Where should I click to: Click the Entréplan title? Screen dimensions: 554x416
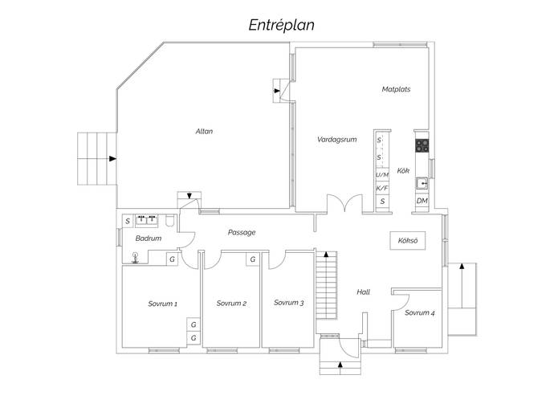coord(281,26)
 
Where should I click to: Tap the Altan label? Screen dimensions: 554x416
coord(204,131)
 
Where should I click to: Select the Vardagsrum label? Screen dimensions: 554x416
coord(336,139)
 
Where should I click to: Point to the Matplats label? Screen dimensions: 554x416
coord(396,89)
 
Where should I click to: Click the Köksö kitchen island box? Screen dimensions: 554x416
coord(408,241)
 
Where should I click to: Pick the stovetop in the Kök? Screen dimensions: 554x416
coord(422,145)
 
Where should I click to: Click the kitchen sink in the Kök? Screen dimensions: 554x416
coord(422,183)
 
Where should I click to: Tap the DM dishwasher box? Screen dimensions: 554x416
coord(422,201)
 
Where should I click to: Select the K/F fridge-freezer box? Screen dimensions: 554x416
coord(382,188)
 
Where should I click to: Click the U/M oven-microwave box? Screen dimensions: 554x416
coord(382,174)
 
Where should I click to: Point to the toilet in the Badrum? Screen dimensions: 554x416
coord(170,221)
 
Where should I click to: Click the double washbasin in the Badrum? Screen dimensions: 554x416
coord(147,220)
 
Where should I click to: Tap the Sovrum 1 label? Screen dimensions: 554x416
coord(162,304)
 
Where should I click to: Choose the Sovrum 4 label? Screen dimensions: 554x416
coord(420,312)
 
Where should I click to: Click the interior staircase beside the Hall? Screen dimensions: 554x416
coord(326,285)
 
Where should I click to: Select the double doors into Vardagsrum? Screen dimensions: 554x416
coord(344,203)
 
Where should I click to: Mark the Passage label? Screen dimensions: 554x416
coord(242,233)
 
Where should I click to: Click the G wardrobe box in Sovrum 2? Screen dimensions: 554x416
coord(253,259)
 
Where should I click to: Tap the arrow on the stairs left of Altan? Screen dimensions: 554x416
coord(112,159)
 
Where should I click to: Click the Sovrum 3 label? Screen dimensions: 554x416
coord(289,303)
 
